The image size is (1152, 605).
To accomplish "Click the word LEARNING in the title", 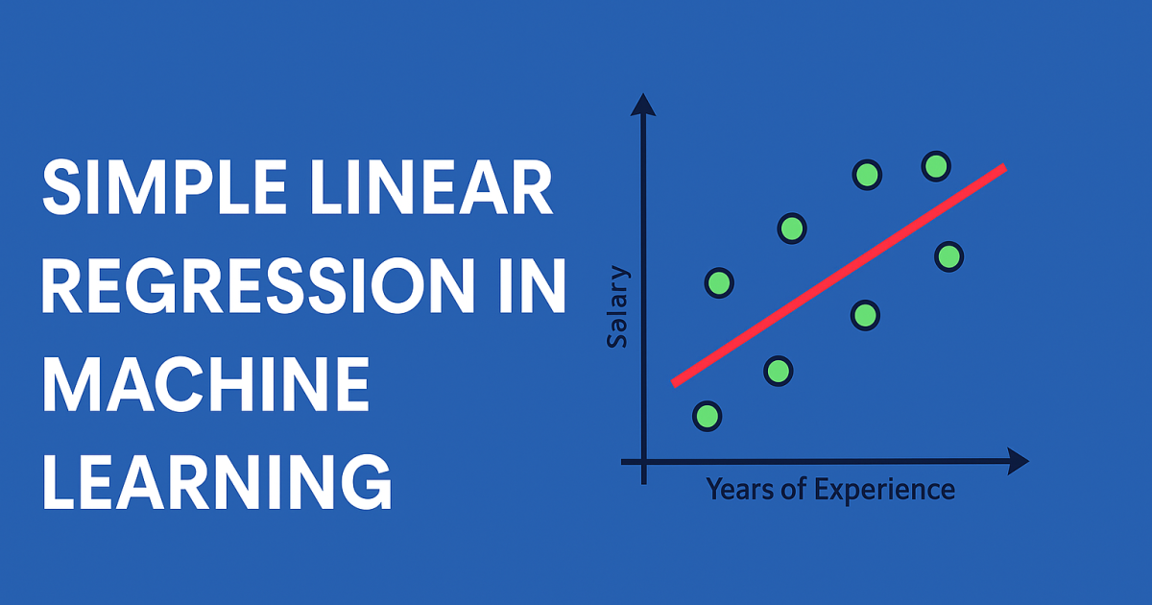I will tap(217, 481).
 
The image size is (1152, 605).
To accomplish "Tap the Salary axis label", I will tap(620, 307).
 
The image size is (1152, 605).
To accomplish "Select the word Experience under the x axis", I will tap(884, 490).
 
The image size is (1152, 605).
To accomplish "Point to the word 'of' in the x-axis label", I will tap(798, 490).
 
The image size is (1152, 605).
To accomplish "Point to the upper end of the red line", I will tap(1003, 169).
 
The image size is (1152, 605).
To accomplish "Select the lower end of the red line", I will tap(675, 383).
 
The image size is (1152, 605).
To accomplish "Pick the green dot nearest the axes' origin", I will tap(708, 416).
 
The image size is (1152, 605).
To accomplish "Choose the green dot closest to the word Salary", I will tap(719, 282).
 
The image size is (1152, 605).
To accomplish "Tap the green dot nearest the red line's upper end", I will tap(936, 166).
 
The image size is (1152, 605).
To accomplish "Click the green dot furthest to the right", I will tap(948, 256).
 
